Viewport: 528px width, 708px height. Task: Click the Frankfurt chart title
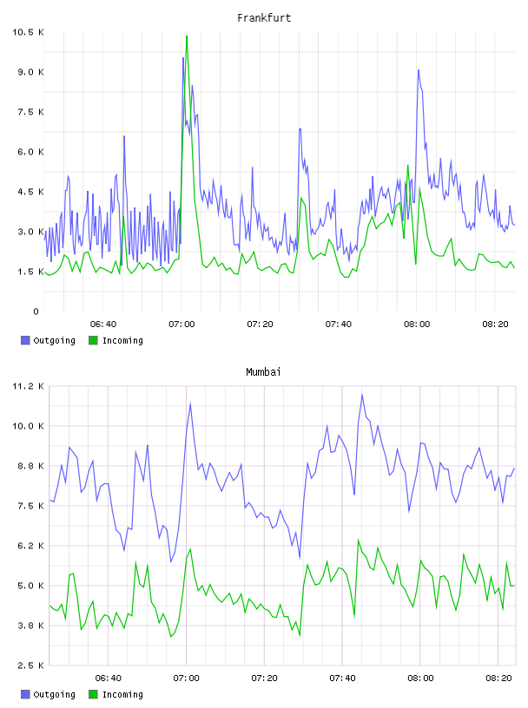point(264,17)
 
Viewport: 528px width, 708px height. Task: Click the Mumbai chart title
point(263,371)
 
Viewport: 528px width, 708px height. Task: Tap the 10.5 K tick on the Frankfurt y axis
point(28,32)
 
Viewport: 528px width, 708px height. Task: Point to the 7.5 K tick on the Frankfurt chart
point(30,112)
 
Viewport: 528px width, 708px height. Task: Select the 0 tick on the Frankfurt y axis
point(36,311)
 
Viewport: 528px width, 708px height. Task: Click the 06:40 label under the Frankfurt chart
point(103,324)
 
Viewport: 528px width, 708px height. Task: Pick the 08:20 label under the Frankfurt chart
point(495,324)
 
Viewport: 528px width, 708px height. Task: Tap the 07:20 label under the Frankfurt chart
point(260,324)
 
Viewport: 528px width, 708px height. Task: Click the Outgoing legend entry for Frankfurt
point(48,340)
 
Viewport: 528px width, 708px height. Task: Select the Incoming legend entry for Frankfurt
point(116,340)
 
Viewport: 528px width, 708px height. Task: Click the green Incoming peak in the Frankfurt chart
point(187,36)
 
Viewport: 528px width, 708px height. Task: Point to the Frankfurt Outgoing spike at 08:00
point(419,70)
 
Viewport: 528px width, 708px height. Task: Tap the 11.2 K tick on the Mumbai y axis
point(28,386)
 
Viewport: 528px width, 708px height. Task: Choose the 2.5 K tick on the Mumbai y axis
point(28,665)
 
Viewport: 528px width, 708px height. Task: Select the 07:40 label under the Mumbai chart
point(342,678)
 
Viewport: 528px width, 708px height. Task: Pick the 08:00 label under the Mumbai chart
point(420,678)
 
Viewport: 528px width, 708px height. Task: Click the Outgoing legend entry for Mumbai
point(48,694)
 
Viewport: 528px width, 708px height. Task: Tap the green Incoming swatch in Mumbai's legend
point(93,694)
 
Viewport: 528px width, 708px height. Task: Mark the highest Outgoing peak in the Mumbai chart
point(362,395)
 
